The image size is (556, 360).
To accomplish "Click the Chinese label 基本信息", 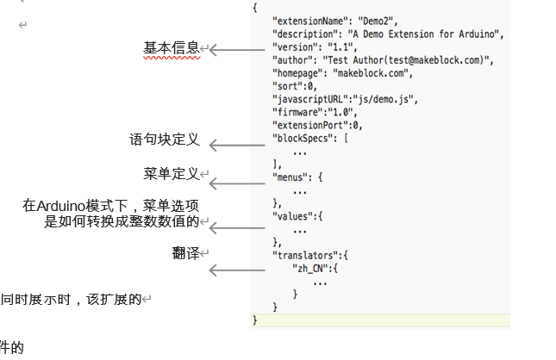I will click(172, 48).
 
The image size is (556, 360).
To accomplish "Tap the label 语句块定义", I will click(164, 140).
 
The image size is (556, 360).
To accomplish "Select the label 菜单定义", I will click(172, 174).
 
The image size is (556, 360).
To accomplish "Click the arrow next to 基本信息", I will click(236, 51).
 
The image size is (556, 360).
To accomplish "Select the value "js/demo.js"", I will click(387, 100).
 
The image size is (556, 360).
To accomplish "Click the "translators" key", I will click(306, 256).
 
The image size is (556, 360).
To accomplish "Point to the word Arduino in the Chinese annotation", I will click(64, 206).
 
